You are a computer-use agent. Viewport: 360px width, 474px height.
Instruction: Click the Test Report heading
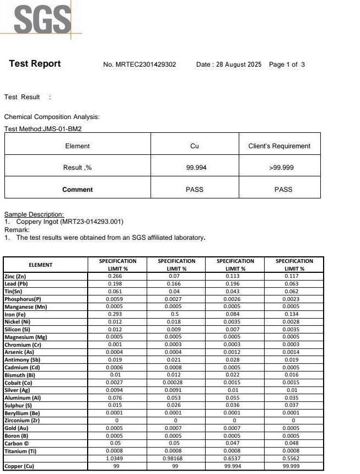[x=35, y=64]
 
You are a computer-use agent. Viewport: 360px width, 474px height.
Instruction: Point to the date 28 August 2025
[x=239, y=64]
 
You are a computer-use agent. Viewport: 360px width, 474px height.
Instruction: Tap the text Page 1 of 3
[x=287, y=64]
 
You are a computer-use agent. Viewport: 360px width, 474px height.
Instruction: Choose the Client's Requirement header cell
[x=280, y=146]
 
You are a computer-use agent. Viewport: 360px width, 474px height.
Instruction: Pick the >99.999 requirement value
[x=280, y=168]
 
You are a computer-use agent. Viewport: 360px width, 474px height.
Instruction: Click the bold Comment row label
[x=77, y=190]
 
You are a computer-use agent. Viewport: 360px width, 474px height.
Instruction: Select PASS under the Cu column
[x=195, y=190]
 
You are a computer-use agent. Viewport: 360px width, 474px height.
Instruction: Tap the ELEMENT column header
[x=40, y=265]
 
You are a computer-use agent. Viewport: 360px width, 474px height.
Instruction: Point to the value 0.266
[x=117, y=276]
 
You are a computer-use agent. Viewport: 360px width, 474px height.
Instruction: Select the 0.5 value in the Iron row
[x=176, y=314]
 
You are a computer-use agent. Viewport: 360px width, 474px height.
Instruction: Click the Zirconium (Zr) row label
[x=22, y=421]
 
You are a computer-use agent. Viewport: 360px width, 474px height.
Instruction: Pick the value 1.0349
[x=117, y=459]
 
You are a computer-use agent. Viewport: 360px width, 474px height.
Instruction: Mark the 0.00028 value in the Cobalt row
[x=176, y=383]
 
